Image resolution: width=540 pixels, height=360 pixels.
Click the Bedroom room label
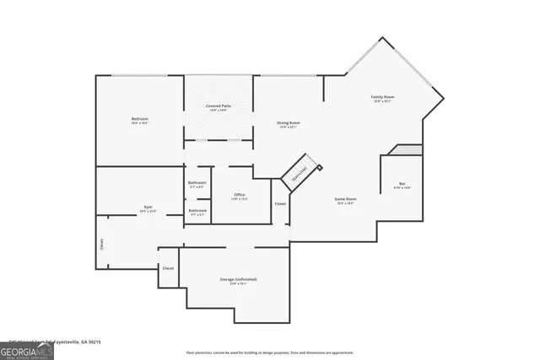[x=140, y=121]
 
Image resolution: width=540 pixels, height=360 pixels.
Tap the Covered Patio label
[x=219, y=106]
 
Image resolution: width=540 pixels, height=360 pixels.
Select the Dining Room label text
[x=289, y=124]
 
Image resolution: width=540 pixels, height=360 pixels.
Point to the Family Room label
[x=383, y=98]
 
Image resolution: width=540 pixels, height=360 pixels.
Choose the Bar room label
[x=402, y=185]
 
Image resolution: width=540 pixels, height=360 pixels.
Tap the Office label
[x=240, y=196]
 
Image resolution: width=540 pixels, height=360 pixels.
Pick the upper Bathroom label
[x=197, y=184]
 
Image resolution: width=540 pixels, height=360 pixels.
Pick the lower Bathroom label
[x=197, y=212]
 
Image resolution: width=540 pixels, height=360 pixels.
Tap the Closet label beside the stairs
[x=280, y=204]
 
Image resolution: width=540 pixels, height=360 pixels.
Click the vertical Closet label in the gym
[x=102, y=244]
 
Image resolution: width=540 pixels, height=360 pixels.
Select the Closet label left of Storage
[x=168, y=268]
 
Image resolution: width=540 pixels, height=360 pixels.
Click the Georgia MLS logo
[x=26, y=348]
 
